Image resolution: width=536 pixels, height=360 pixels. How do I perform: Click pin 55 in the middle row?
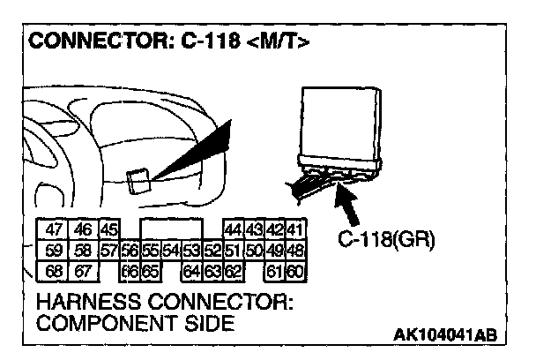click(x=150, y=250)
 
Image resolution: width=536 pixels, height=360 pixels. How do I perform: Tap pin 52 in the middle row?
click(x=212, y=250)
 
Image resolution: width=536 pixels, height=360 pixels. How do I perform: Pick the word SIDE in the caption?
click(x=205, y=323)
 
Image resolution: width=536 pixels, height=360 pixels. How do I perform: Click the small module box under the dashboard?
click(x=138, y=180)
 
